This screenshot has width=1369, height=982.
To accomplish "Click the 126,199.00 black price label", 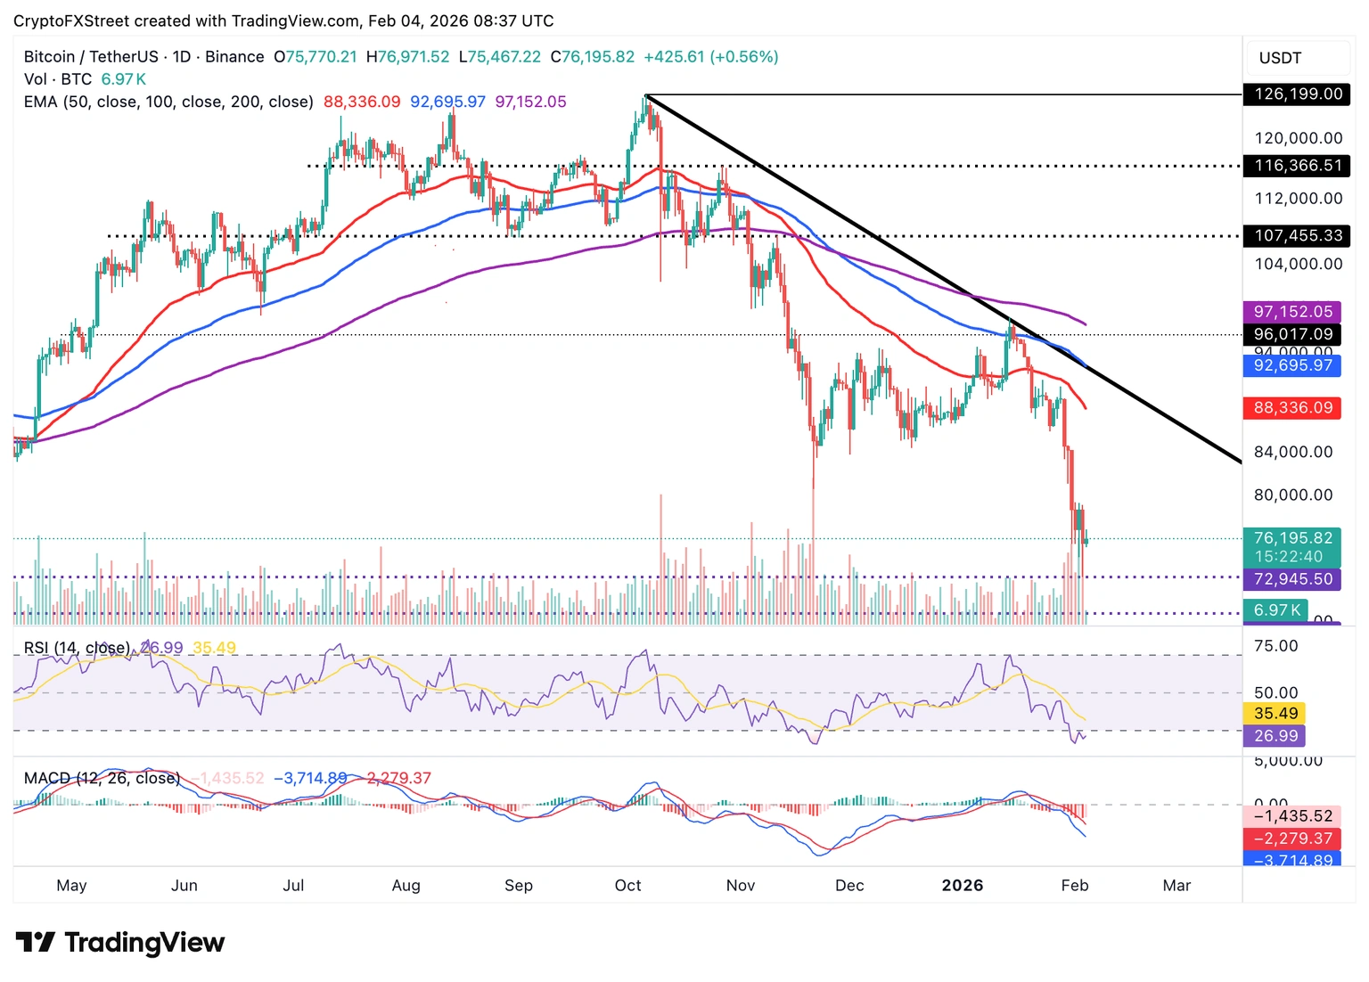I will click(1297, 94).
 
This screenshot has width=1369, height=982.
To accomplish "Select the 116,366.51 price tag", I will click(1297, 166).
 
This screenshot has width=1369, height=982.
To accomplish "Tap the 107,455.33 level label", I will click(1297, 236).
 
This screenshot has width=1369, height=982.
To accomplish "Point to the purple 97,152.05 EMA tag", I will click(1292, 312).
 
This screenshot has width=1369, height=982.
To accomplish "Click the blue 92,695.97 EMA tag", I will click(1292, 365).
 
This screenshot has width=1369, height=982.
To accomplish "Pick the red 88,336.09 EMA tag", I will click(1292, 408).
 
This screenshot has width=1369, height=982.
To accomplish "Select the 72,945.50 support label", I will click(1292, 579).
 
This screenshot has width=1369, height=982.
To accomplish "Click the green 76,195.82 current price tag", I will click(1292, 538).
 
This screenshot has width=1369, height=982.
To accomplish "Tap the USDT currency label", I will click(1280, 58).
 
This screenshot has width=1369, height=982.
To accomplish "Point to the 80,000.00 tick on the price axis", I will click(1292, 495).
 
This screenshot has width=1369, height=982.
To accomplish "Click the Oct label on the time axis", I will click(627, 886).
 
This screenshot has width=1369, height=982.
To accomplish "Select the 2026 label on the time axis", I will click(963, 886).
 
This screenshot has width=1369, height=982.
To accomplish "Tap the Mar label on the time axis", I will click(1176, 886).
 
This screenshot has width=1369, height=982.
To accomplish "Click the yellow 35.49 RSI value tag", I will click(1275, 714).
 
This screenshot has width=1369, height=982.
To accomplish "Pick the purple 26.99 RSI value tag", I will click(1275, 736).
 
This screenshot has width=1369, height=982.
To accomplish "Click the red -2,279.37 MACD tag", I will click(1292, 839).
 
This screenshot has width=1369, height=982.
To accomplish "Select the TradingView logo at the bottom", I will click(120, 943).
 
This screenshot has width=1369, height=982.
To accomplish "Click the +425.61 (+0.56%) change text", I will click(710, 57).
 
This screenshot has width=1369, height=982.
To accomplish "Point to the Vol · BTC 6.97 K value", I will click(123, 79).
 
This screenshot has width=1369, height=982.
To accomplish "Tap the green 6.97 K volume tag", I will click(1275, 610).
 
